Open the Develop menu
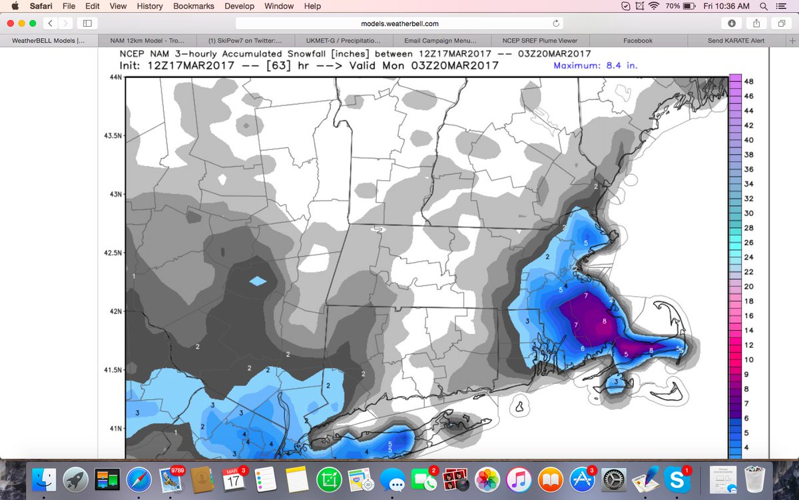[x=239, y=6]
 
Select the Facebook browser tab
[x=637, y=41]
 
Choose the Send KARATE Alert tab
[x=736, y=41]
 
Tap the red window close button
[x=10, y=23]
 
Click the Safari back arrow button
[x=51, y=23]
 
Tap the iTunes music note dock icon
[x=517, y=478]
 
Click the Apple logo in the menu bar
[x=15, y=6]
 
